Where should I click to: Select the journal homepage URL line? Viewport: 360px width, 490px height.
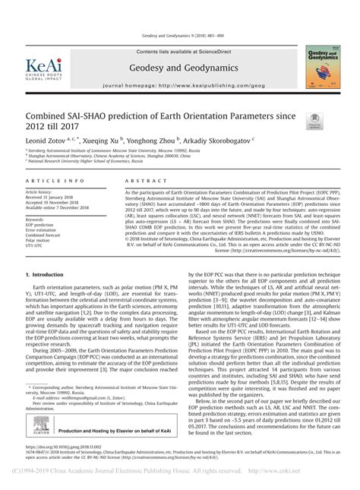click(180, 86)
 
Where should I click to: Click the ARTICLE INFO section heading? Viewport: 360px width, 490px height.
click(55, 182)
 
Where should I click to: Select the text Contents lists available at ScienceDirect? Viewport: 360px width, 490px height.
click(179, 51)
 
